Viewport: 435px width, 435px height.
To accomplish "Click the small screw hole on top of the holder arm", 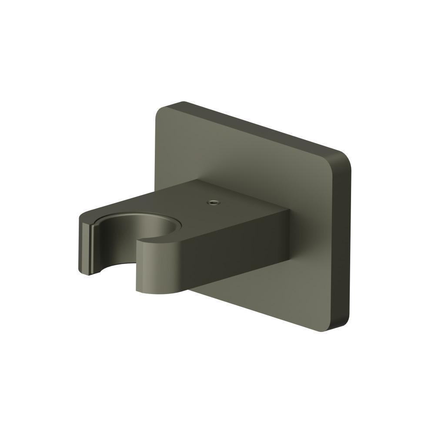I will click(x=213, y=202).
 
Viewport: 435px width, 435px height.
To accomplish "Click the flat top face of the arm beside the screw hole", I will click(x=235, y=200).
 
